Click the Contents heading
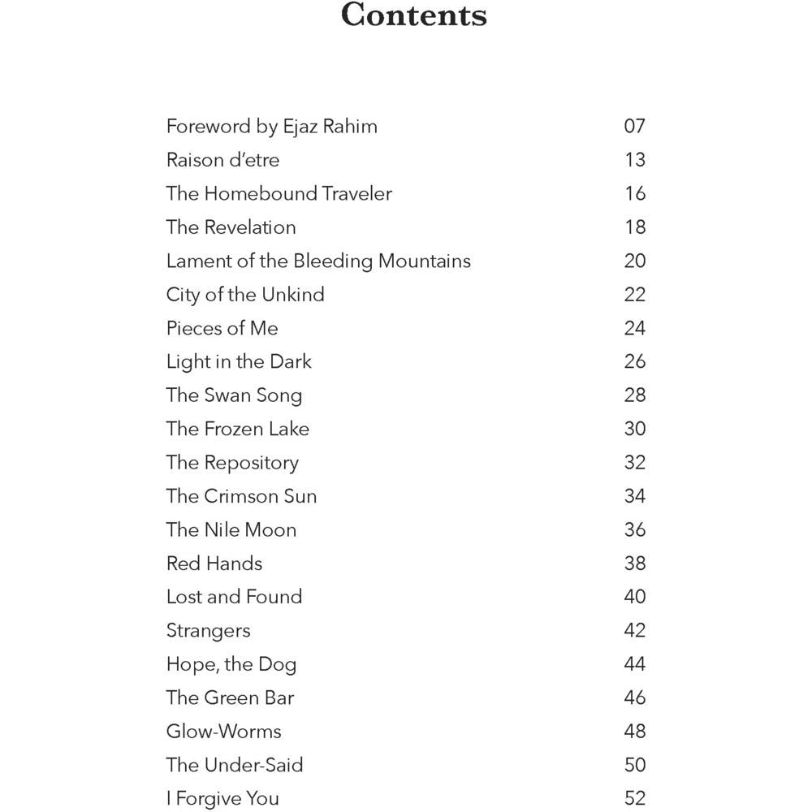[413, 16]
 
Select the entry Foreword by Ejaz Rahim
[271, 127]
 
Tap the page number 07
[634, 127]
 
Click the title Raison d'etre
[222, 160]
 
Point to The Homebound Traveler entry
[279, 194]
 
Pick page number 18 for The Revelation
[634, 227]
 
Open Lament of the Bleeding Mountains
[318, 261]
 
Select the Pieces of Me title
[222, 328]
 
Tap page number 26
[634, 361]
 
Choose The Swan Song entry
[234, 395]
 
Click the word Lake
[289, 429]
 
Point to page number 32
[634, 463]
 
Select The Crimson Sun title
[241, 496]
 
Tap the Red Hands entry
[214, 564]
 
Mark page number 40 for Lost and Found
[634, 597]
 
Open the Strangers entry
[208, 631]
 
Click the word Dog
[277, 665]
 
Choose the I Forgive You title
[222, 799]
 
